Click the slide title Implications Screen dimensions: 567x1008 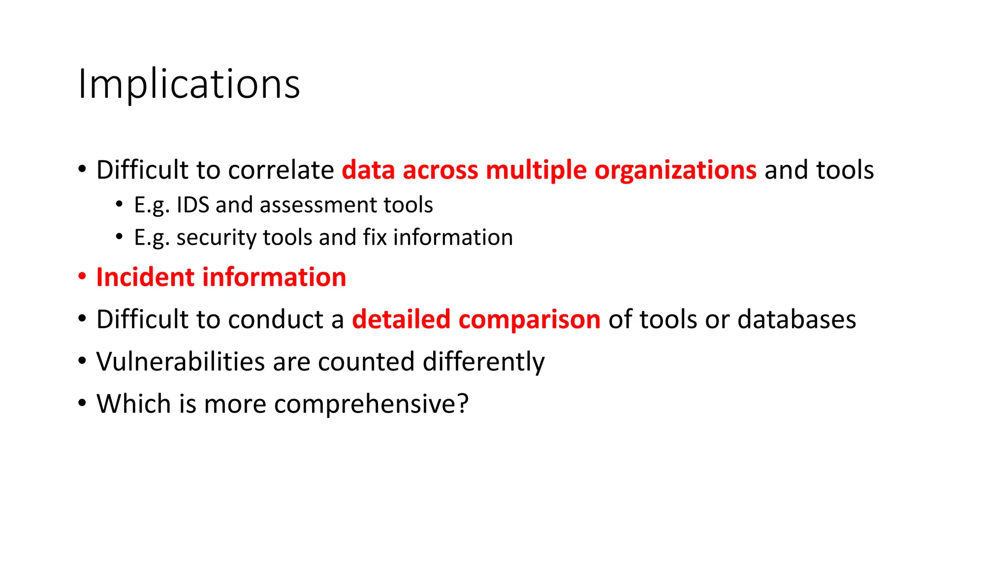[x=189, y=84]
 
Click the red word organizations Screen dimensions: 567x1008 [x=675, y=170]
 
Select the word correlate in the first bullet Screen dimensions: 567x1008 [x=281, y=170]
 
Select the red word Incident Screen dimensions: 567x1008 [x=145, y=277]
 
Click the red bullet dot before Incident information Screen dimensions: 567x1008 [x=82, y=276]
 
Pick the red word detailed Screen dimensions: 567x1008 [x=401, y=319]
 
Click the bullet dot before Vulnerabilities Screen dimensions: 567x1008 [x=82, y=361]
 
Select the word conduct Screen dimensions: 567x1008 [x=276, y=319]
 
